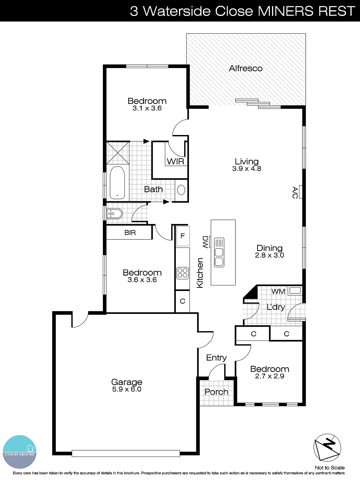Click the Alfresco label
pyautogui.click(x=245, y=68)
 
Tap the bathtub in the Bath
pyautogui.click(x=117, y=183)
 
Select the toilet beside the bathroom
pyautogui.click(x=114, y=214)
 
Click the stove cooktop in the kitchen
pyautogui.click(x=182, y=273)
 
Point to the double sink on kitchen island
pyautogui.click(x=219, y=252)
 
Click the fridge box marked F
pyautogui.click(x=182, y=236)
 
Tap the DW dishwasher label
pyautogui.click(x=205, y=242)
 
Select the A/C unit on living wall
pyautogui.click(x=300, y=192)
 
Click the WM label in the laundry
pyautogui.click(x=278, y=291)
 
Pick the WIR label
pyautogui.click(x=175, y=161)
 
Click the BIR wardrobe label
pyautogui.click(x=130, y=232)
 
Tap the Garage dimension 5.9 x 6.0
pyautogui.click(x=127, y=389)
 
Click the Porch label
pyautogui.click(x=216, y=392)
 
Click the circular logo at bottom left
pyautogui.click(x=20, y=452)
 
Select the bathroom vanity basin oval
pyautogui.click(x=181, y=190)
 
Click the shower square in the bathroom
pyautogui.click(x=118, y=153)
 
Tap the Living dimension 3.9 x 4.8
pyautogui.click(x=247, y=169)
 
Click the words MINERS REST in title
pyautogui.click(x=306, y=11)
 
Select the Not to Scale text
pyautogui.click(x=329, y=468)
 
